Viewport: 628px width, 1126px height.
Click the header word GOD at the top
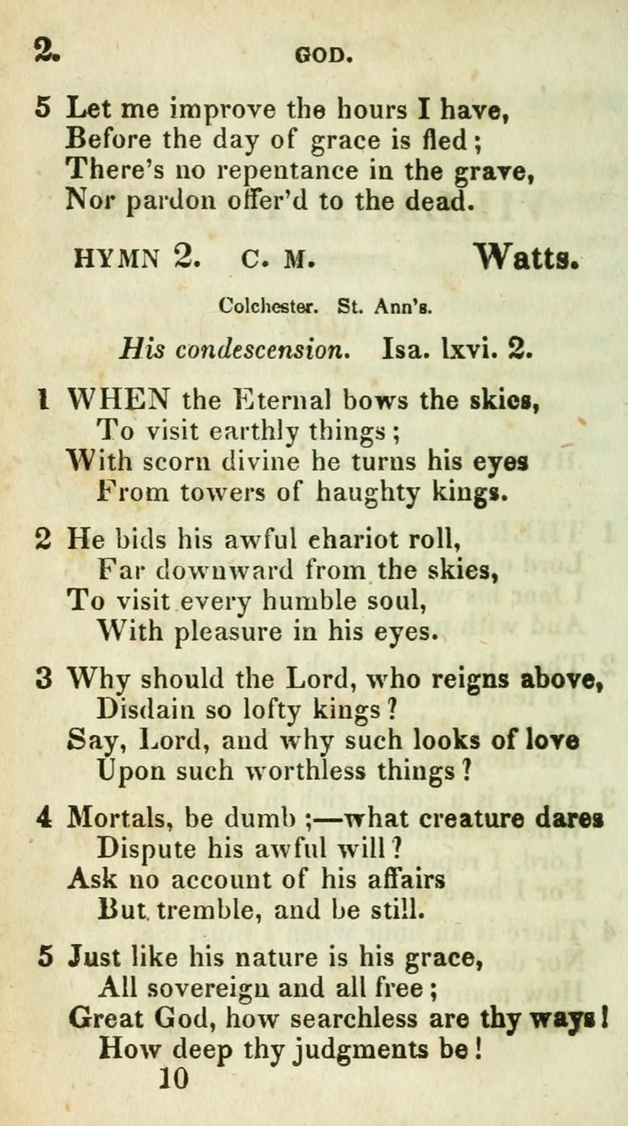[x=323, y=55]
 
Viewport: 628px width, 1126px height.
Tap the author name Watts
[x=527, y=258]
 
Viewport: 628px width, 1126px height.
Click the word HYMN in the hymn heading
[x=117, y=259]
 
